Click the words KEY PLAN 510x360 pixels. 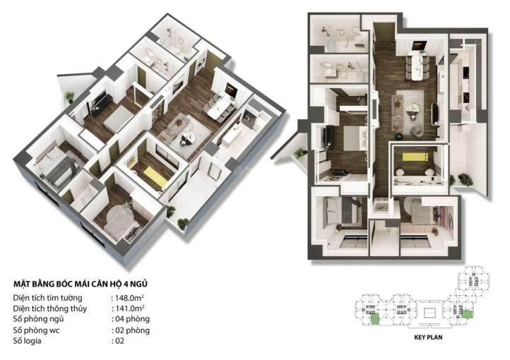(x=428, y=337)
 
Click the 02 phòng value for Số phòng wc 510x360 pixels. (x=132, y=330)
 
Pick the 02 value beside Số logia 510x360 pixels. (x=119, y=341)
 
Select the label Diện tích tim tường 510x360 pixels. (x=48, y=298)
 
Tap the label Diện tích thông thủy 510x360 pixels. (x=50, y=308)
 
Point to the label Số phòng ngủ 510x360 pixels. (x=39, y=319)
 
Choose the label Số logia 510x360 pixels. (x=28, y=341)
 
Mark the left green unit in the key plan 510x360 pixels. (x=374, y=318)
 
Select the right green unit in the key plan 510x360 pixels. (x=467, y=314)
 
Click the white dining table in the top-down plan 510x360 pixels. (x=417, y=67)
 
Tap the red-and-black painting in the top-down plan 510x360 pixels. (x=417, y=45)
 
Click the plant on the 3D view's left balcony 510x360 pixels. (x=69, y=97)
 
